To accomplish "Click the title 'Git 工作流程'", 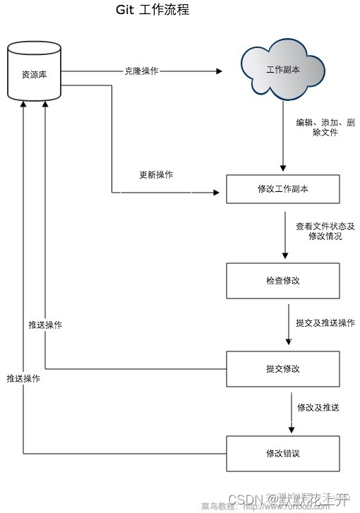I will (x=152, y=11).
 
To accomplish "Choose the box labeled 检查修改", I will (x=284, y=280).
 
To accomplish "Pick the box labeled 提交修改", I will (x=284, y=369).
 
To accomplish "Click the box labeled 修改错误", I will (x=284, y=453).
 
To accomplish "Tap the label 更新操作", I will (x=156, y=174).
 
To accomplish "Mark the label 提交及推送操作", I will (x=325, y=322).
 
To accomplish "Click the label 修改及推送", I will (x=318, y=407).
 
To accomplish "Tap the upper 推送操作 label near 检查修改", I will (x=45, y=325).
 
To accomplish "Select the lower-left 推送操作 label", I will (x=23, y=378).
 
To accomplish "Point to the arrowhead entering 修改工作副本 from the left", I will (x=217, y=191).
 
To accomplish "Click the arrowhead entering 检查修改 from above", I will (x=284, y=258).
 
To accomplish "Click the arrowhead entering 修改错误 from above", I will (x=290, y=432).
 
